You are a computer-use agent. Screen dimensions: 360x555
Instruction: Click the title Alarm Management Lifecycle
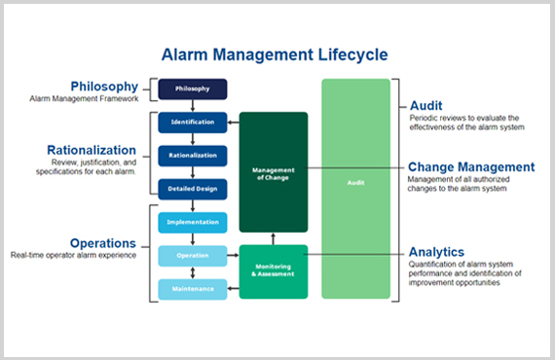tap(277, 54)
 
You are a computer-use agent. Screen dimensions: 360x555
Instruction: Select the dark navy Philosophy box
tap(192, 90)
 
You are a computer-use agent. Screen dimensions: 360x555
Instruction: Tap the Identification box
tap(192, 123)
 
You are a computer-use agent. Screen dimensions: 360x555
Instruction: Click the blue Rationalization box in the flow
tap(192, 156)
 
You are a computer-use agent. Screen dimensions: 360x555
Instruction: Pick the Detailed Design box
tap(192, 189)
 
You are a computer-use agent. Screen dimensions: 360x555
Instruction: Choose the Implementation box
tap(192, 223)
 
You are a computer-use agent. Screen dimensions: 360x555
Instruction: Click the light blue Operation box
tap(192, 256)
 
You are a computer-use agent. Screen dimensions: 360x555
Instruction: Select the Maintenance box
tap(192, 289)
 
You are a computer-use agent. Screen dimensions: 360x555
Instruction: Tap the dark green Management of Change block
tap(273, 171)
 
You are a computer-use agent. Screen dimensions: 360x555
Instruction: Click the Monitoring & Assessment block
tap(273, 271)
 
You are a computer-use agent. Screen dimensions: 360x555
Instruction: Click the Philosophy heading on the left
tap(104, 87)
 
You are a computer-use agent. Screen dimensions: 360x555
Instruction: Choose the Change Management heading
tap(470, 167)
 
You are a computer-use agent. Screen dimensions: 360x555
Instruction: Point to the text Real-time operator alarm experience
tap(73, 256)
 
